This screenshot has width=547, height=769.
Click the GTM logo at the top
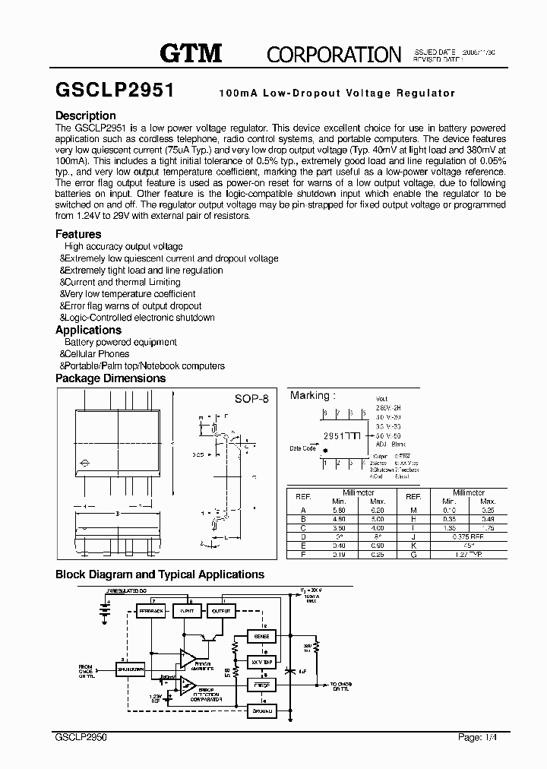[x=191, y=52]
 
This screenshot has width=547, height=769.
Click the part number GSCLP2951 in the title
[x=115, y=90]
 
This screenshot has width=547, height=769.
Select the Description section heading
[x=86, y=116]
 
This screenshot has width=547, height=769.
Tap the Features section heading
[x=78, y=235]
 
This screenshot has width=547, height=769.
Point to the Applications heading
[x=88, y=330]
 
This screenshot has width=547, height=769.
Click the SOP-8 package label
[x=251, y=399]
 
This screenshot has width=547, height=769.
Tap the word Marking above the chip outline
[x=310, y=395]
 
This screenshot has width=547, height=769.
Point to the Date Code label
[x=302, y=448]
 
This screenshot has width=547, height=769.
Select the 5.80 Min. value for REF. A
[x=339, y=508]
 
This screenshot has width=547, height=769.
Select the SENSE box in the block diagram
[x=261, y=635]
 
